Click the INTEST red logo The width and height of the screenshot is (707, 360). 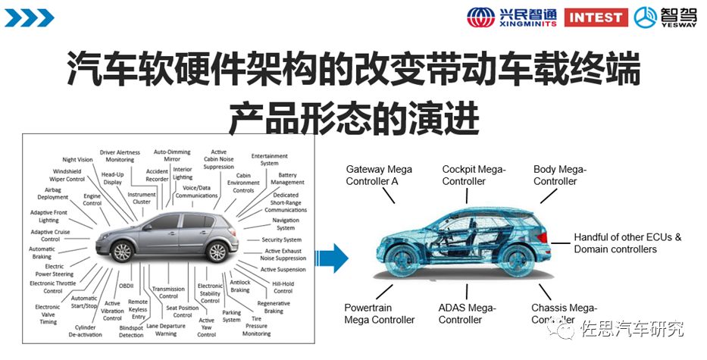click(596, 17)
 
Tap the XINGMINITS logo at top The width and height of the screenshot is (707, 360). click(511, 17)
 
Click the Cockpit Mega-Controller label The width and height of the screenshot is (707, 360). click(474, 175)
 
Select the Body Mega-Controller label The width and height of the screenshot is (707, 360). click(559, 175)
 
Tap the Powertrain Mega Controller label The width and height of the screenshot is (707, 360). click(380, 314)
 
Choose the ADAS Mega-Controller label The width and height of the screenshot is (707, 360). click(467, 314)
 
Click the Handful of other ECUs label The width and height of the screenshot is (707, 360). click(627, 243)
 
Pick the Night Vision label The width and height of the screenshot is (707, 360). click(77, 160)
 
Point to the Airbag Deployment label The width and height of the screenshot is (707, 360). click(53, 193)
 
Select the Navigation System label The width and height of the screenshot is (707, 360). click(286, 224)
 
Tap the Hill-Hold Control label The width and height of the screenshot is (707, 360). click(283, 287)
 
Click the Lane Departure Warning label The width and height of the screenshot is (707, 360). click(161, 329)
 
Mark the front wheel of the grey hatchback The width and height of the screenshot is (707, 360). click(122, 250)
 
